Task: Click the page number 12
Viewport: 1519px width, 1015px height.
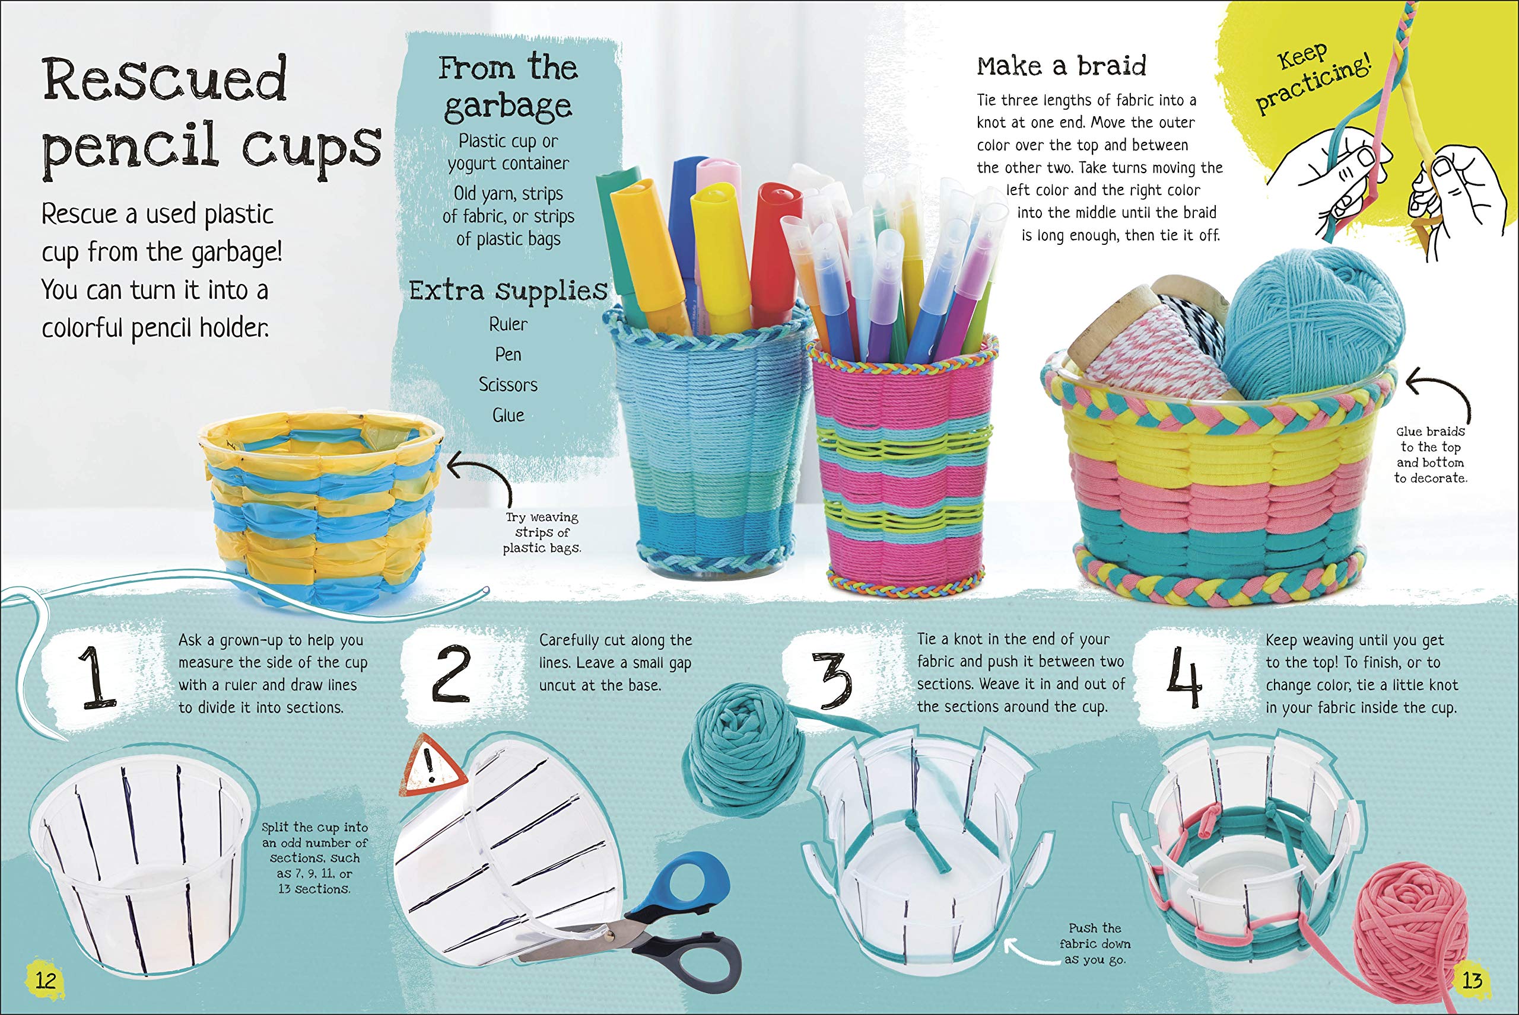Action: coord(45,979)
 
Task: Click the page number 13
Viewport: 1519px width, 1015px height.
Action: coord(1472,979)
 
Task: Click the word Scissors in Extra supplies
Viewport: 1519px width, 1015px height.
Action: coord(508,385)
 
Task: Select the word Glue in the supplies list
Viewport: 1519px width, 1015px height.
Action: coord(508,415)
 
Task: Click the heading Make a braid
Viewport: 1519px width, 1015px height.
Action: coord(1061,66)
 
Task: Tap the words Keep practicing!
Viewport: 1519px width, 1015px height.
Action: coord(1312,78)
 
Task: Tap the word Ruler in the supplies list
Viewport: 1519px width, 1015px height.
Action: coord(508,324)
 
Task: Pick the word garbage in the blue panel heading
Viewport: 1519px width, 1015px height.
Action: coord(508,106)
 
